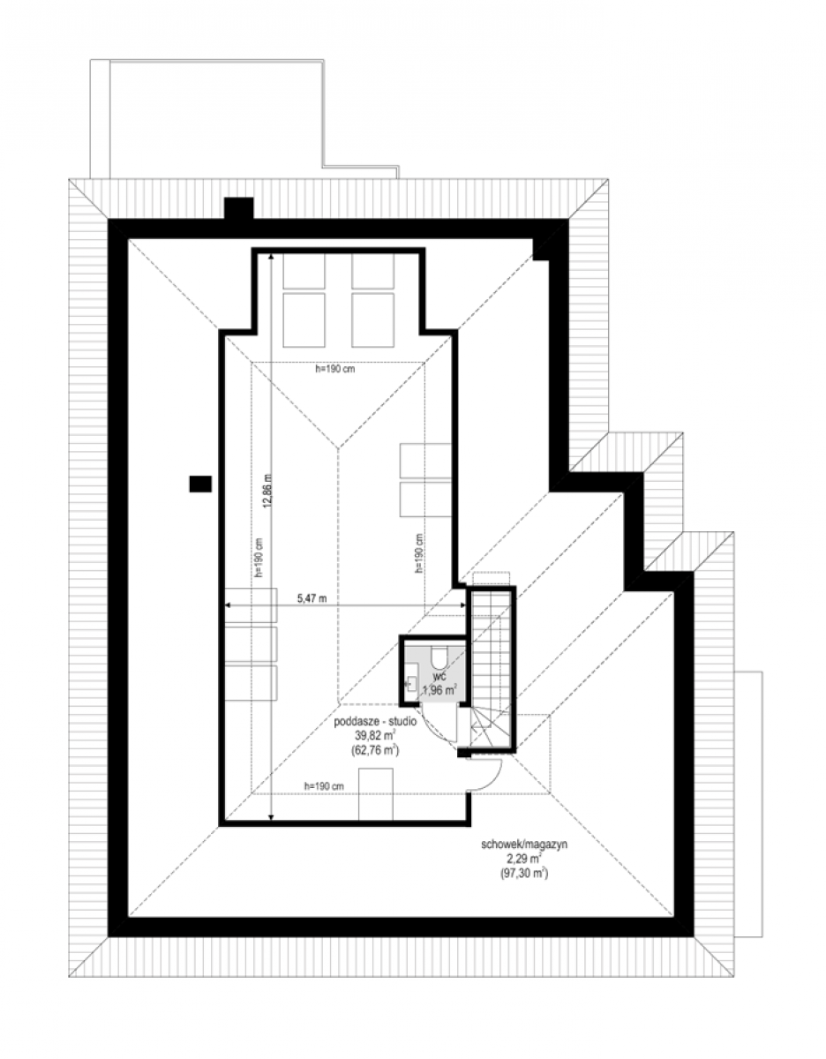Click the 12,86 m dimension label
(267, 491)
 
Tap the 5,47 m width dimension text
(312, 598)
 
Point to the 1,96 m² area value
(439, 689)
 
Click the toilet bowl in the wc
(439, 657)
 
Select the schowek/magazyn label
(524, 845)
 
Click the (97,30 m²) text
(524, 874)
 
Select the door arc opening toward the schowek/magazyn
(493, 777)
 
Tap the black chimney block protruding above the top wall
(239, 208)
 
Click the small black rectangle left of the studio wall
(200, 484)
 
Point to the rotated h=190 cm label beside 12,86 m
(259, 558)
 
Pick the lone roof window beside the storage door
(375, 794)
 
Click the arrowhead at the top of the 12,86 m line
(271, 255)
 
